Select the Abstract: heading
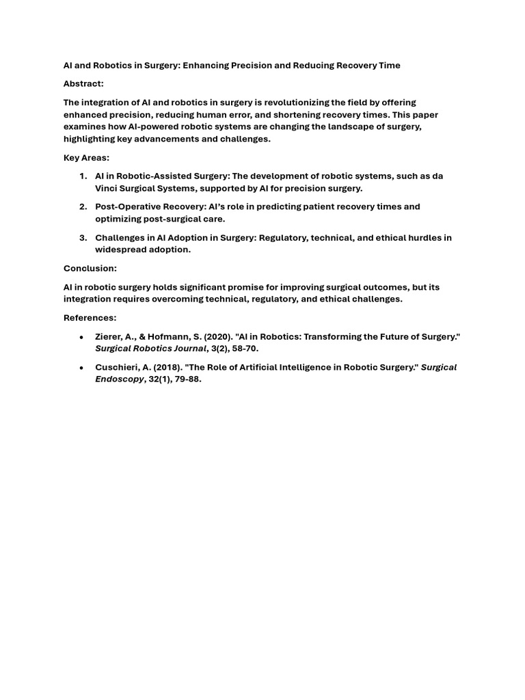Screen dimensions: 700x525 83,83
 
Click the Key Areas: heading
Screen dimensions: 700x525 86,158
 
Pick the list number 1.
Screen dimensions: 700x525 83,176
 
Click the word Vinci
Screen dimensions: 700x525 107,188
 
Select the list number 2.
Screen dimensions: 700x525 83,207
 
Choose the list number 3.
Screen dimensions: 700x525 83,238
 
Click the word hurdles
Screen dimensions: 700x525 425,238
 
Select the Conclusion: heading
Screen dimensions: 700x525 90,269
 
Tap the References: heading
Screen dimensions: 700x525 90,318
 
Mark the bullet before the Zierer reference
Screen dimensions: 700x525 82,337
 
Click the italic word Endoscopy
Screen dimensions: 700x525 120,379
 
